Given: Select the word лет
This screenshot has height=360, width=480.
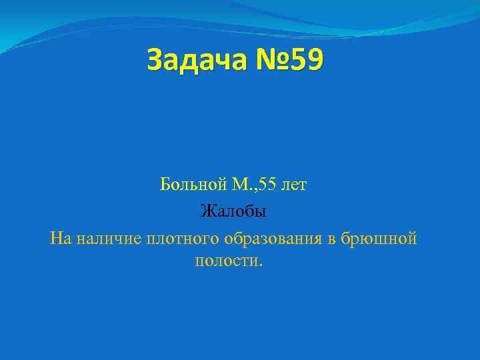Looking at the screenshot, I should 294,185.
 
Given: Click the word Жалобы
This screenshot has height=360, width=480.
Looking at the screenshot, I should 233,212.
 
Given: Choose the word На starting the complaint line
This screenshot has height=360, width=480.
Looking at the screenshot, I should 59,238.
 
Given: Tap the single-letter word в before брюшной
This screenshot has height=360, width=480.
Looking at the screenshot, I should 332,239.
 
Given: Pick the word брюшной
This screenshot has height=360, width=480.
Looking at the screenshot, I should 378,238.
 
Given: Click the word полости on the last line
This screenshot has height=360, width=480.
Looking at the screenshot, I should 227,260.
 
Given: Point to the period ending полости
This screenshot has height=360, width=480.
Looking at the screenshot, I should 262,264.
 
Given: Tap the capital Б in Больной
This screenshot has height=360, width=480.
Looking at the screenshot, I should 165,185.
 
